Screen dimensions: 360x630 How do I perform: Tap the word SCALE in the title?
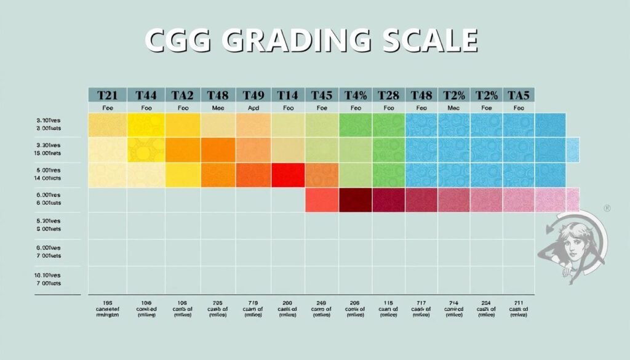pos(429,41)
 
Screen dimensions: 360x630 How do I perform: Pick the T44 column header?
pos(146,95)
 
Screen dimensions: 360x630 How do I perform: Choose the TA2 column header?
pos(182,95)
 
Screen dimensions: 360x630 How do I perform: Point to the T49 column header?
pos(253,95)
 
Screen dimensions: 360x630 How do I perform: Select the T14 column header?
pos(288,95)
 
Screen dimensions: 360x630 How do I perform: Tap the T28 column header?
pos(388,95)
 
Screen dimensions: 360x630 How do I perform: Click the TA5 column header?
pos(519,95)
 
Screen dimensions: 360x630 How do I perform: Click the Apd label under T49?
pos(253,108)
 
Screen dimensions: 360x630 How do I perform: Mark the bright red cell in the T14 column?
pos(288,175)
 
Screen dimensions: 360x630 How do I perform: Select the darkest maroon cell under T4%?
pos(354,200)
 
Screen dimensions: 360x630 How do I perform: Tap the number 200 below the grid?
pos(288,303)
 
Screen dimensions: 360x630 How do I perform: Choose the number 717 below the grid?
pos(421,303)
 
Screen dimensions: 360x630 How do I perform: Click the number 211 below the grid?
pos(519,303)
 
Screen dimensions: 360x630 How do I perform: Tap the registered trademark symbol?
pos(607,209)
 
